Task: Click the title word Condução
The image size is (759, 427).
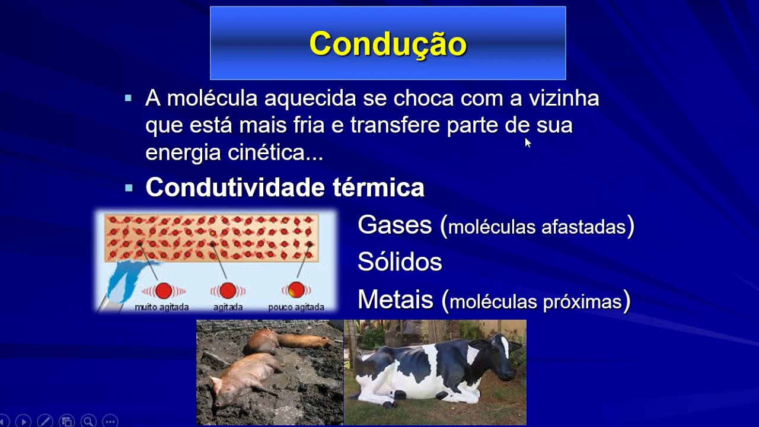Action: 388,44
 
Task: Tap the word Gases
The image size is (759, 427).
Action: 395,225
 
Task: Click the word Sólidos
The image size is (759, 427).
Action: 400,262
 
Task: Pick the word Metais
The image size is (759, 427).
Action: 396,300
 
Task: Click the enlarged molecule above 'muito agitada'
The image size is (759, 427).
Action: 164,291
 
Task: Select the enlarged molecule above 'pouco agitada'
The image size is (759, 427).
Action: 296,290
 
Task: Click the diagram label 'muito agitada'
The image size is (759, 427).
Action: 162,307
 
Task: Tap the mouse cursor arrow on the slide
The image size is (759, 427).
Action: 527,142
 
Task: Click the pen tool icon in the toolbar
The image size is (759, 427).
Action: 45,420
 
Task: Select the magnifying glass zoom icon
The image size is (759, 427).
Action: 88,420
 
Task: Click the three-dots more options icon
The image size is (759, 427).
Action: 110,420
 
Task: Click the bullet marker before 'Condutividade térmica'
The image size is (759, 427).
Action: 129,188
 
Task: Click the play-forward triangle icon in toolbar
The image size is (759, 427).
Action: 24,420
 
